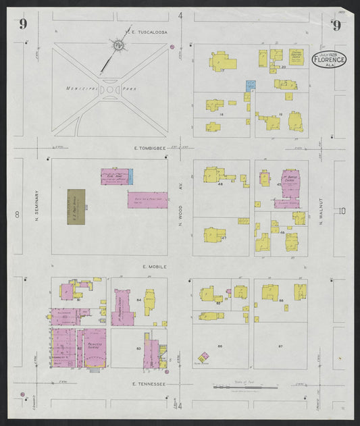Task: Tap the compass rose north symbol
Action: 118,46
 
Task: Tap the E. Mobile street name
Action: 154,267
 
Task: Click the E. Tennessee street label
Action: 149,382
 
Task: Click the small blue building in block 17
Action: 251,86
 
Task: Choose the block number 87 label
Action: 280,345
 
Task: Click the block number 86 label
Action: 220,345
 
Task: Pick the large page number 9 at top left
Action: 24,24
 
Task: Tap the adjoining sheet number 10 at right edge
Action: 342,211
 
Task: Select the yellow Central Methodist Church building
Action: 295,55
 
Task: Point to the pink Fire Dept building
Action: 115,177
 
